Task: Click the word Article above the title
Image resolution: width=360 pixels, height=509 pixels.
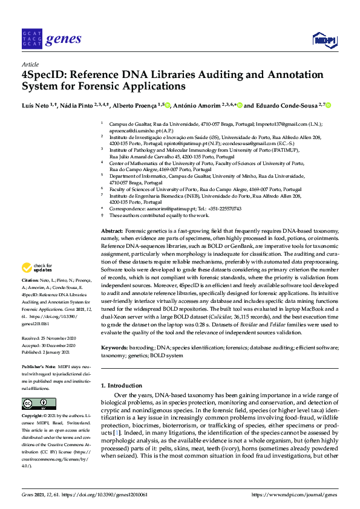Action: coord(30,64)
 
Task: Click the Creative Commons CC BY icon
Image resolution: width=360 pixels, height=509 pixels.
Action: coord(34,404)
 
